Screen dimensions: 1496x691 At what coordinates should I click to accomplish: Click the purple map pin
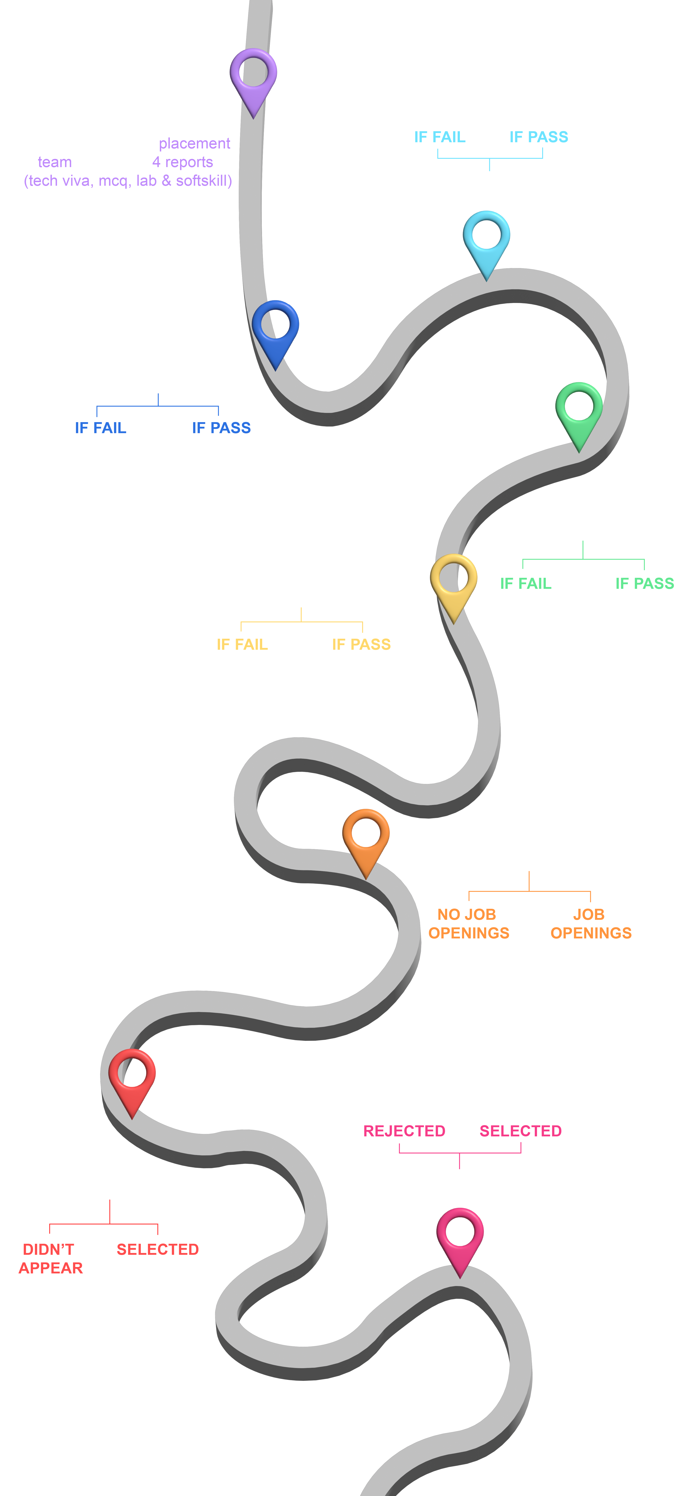pyautogui.click(x=253, y=78)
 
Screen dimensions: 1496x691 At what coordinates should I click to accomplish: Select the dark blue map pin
pyautogui.click(x=275, y=330)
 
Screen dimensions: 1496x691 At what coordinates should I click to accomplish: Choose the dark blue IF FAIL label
pyautogui.click(x=101, y=428)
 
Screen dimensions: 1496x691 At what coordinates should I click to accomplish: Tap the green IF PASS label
pyautogui.click(x=645, y=584)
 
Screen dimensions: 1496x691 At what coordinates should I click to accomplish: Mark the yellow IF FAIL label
pyautogui.click(x=242, y=645)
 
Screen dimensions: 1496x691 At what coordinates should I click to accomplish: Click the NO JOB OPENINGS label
pyautogui.click(x=468, y=923)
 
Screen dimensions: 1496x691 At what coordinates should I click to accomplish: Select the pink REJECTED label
pyautogui.click(x=404, y=1131)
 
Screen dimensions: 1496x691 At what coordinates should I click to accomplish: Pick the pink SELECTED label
pyautogui.click(x=520, y=1131)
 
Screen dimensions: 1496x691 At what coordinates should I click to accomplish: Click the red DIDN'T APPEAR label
pyautogui.click(x=50, y=1258)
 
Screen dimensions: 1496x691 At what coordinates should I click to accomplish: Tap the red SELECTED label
pyautogui.click(x=157, y=1249)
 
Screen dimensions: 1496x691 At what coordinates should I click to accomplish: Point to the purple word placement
pyautogui.click(x=194, y=143)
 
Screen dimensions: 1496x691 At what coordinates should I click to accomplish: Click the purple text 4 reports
pyautogui.click(x=182, y=162)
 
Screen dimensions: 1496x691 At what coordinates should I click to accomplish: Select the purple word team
pyautogui.click(x=55, y=162)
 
